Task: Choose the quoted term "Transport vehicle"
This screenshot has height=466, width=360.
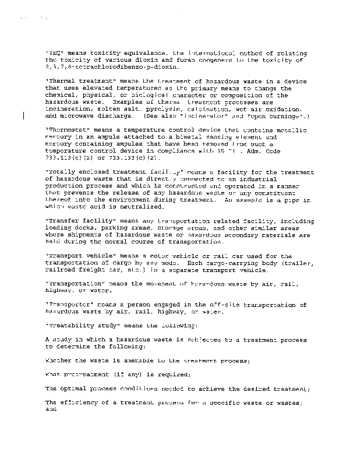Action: point(73,256)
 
